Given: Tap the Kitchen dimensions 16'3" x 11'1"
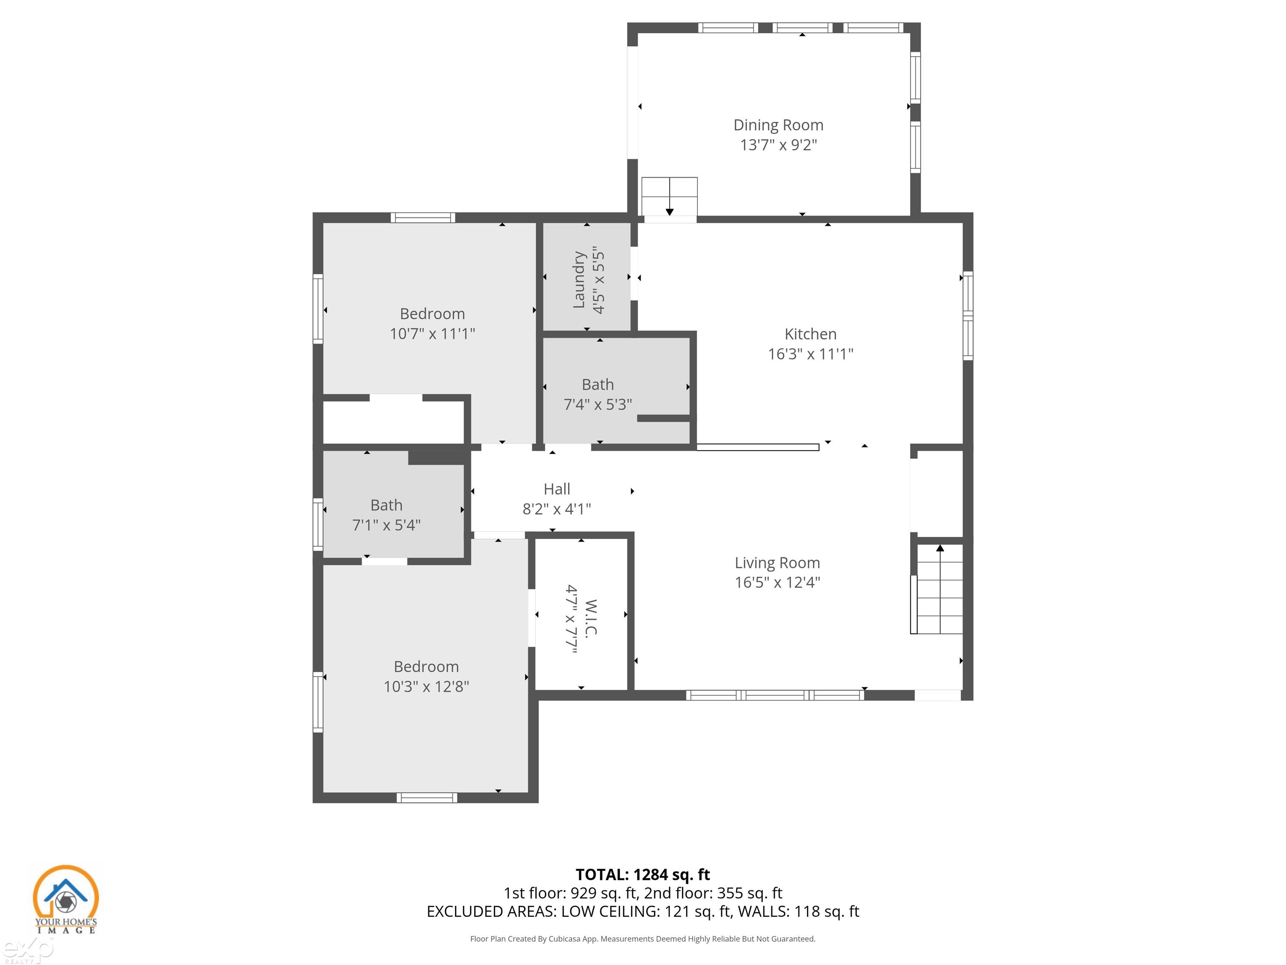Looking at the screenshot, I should pos(810,353).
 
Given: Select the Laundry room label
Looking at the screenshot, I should pos(579,279).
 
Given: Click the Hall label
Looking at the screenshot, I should pos(556,489).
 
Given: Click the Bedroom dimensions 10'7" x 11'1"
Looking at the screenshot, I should pos(432,334).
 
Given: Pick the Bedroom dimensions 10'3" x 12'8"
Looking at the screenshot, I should pos(426,686).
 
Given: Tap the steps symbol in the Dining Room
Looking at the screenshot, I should pos(669,196).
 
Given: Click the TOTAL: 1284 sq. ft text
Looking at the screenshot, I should pos(643,874).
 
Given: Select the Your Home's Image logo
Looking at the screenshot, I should pos(65,899).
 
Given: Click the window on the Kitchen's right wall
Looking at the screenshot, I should pos(967,315).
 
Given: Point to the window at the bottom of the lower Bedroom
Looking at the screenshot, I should pos(427,797).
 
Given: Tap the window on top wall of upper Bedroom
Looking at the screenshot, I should pos(423,217).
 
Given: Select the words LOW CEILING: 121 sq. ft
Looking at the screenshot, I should pos(646,911).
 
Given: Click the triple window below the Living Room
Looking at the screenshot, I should pos(774,694).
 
